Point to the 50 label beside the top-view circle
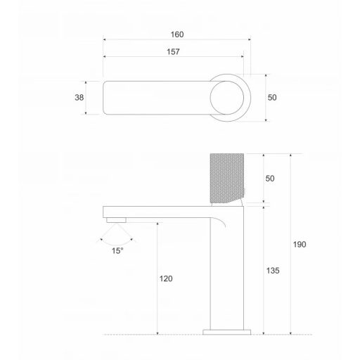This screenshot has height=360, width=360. pyautogui.click(x=272, y=98)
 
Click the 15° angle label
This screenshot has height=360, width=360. pyautogui.click(x=117, y=249)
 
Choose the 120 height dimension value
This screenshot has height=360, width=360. pyautogui.click(x=166, y=278)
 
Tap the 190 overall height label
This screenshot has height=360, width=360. pyautogui.click(x=300, y=244)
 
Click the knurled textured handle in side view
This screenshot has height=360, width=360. pyautogui.click(x=226, y=178)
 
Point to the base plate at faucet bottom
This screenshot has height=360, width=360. pyautogui.click(x=226, y=330)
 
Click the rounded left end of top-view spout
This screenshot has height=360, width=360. pyautogui.click(x=108, y=98)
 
